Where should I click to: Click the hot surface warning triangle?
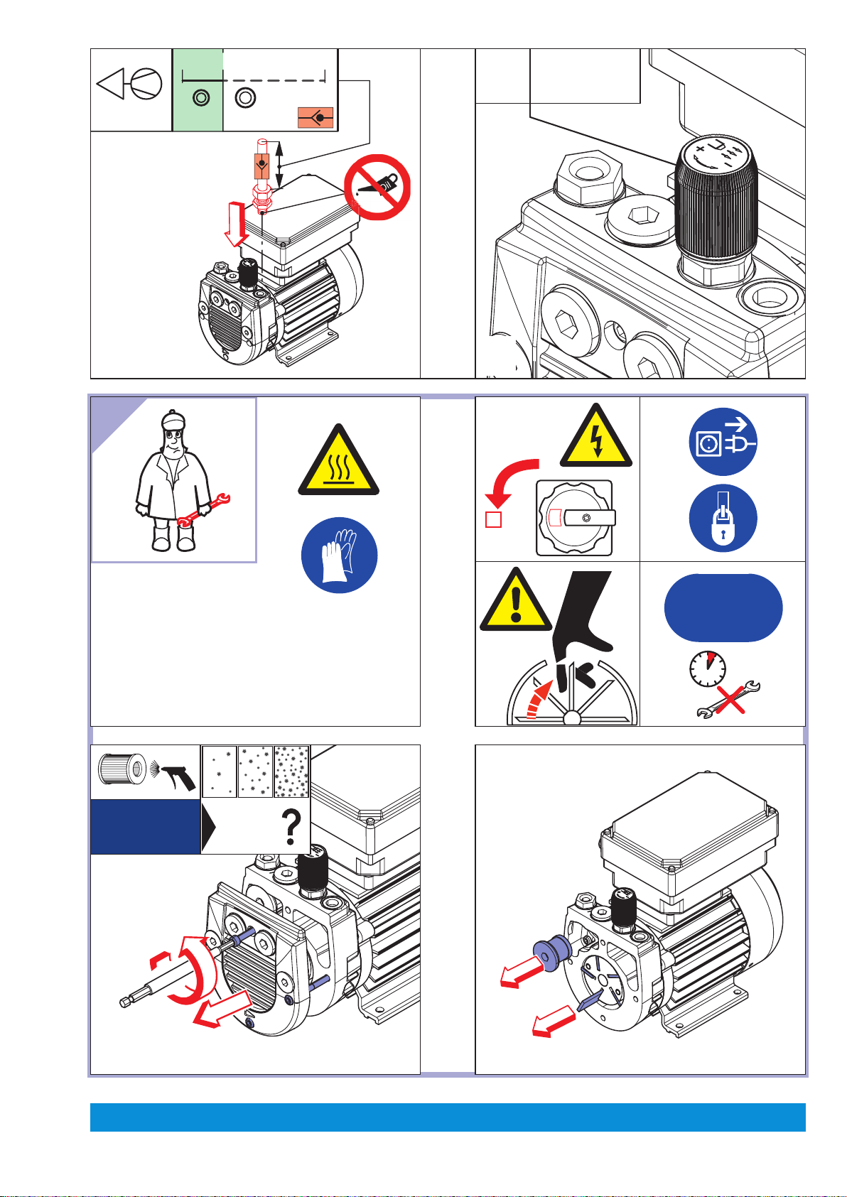(338, 462)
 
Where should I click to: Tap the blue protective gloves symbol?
(339, 555)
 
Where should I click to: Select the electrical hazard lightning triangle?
(596, 438)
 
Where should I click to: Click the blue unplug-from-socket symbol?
(723, 442)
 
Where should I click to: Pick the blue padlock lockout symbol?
(723, 519)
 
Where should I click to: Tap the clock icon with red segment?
(708, 669)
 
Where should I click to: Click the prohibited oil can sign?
(377, 188)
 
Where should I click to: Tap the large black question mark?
(291, 828)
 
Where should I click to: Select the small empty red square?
(493, 519)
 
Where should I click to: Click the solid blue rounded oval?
(723, 608)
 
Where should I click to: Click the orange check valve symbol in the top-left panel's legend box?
(315, 117)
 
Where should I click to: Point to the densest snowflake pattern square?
(291, 771)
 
